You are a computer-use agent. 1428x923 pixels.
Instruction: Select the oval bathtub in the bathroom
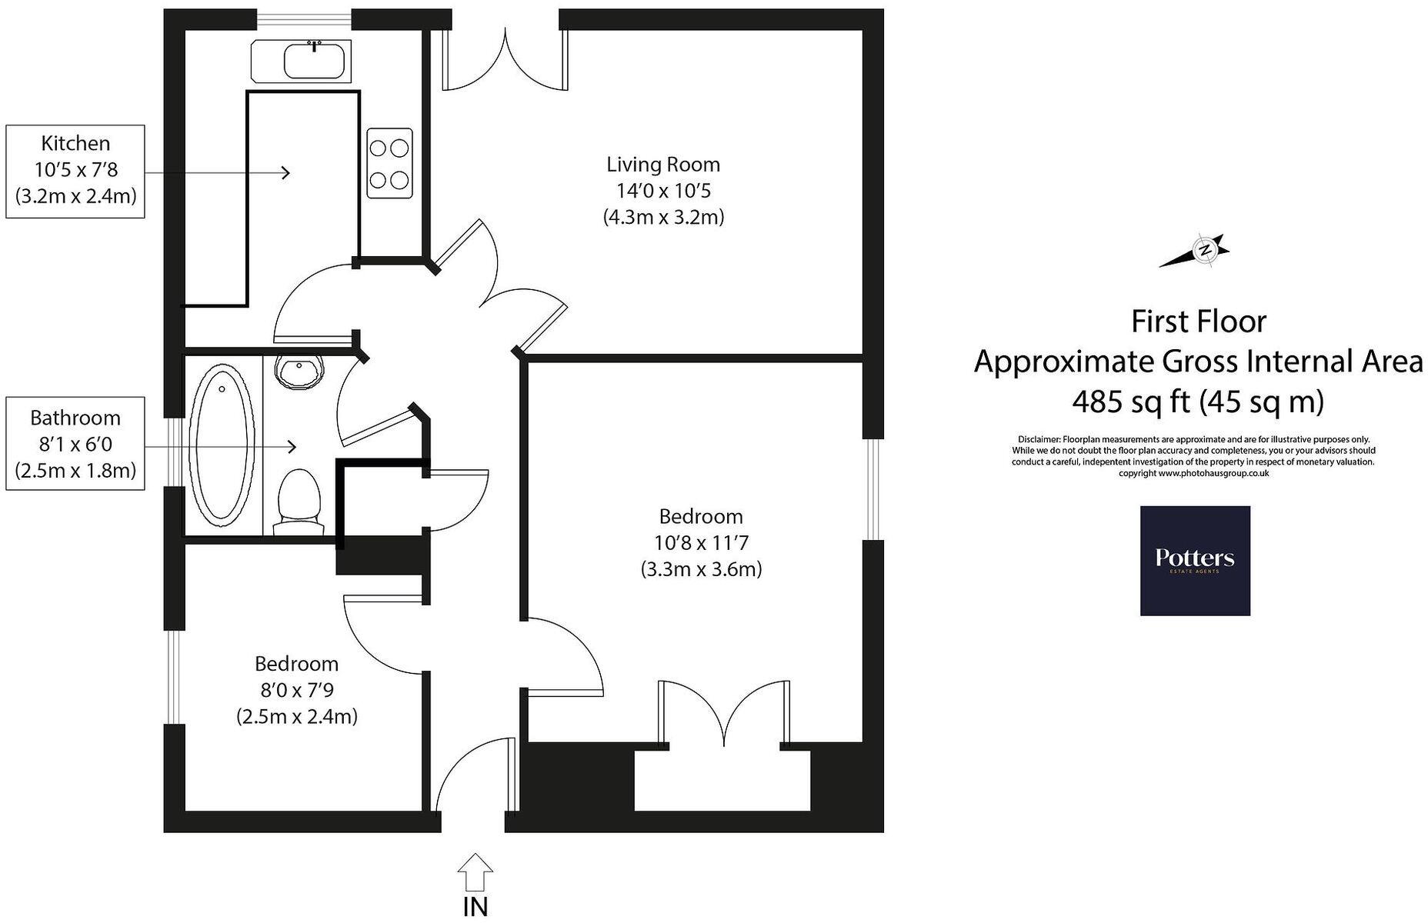click(x=222, y=446)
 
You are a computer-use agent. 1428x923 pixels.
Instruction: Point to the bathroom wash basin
click(x=301, y=372)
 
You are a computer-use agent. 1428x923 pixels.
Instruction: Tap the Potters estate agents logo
click(x=1194, y=560)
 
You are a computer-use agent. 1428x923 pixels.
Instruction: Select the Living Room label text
click(x=662, y=164)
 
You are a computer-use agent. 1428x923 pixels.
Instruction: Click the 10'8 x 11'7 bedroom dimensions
click(x=700, y=543)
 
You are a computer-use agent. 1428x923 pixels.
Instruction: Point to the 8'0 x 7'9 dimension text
click(x=296, y=690)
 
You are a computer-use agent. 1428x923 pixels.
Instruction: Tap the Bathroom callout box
click(x=75, y=444)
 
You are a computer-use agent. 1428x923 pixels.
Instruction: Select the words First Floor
click(x=1198, y=322)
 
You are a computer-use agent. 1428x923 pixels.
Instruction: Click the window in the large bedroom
click(x=872, y=488)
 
